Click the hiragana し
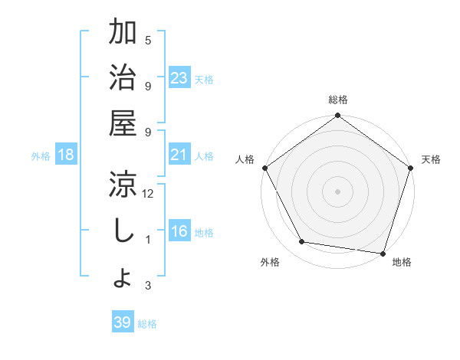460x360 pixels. point(123,230)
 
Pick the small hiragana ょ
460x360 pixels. point(123,277)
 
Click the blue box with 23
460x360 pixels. point(179,78)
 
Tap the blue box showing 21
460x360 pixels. point(179,155)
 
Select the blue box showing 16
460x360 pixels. point(179,232)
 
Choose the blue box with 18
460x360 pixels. point(66,155)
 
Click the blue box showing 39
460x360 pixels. point(123,322)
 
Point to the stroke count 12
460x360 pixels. point(148,195)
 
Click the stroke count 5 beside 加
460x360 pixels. point(148,41)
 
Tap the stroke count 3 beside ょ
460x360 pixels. point(148,286)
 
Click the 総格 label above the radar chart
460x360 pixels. point(337,100)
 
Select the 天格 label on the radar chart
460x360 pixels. point(431,159)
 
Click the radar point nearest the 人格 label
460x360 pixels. point(265,168)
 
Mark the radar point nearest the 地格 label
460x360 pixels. point(382,253)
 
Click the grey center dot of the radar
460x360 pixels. point(337,191)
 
